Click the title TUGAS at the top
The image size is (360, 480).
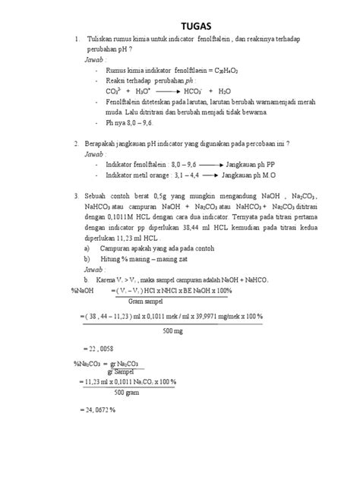point(180,22)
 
